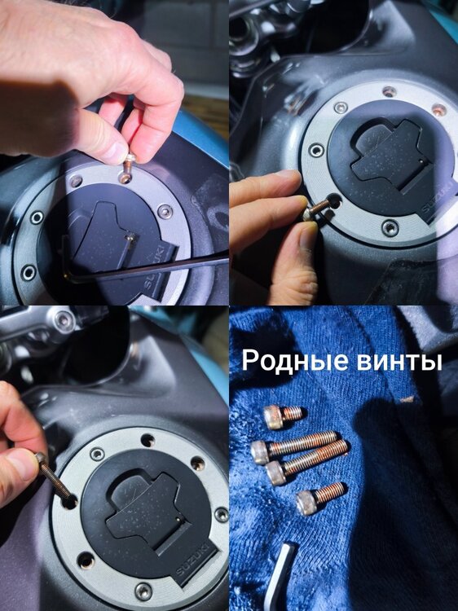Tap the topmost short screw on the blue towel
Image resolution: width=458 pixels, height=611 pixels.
[x=283, y=416]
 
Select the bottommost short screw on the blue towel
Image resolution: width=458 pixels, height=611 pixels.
[x=321, y=498]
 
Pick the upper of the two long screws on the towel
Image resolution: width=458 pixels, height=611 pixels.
[x=294, y=447]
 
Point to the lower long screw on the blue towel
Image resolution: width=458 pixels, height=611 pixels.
[x=306, y=462]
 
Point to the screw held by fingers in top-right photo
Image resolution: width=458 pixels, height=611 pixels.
[x=319, y=209]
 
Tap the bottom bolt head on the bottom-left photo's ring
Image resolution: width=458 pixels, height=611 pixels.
[x=143, y=591]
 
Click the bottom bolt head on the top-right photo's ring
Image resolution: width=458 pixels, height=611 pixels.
[x=390, y=227]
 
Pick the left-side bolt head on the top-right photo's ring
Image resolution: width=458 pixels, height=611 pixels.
[x=316, y=150]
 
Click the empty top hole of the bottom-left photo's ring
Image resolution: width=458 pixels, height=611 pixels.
[x=148, y=440]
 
